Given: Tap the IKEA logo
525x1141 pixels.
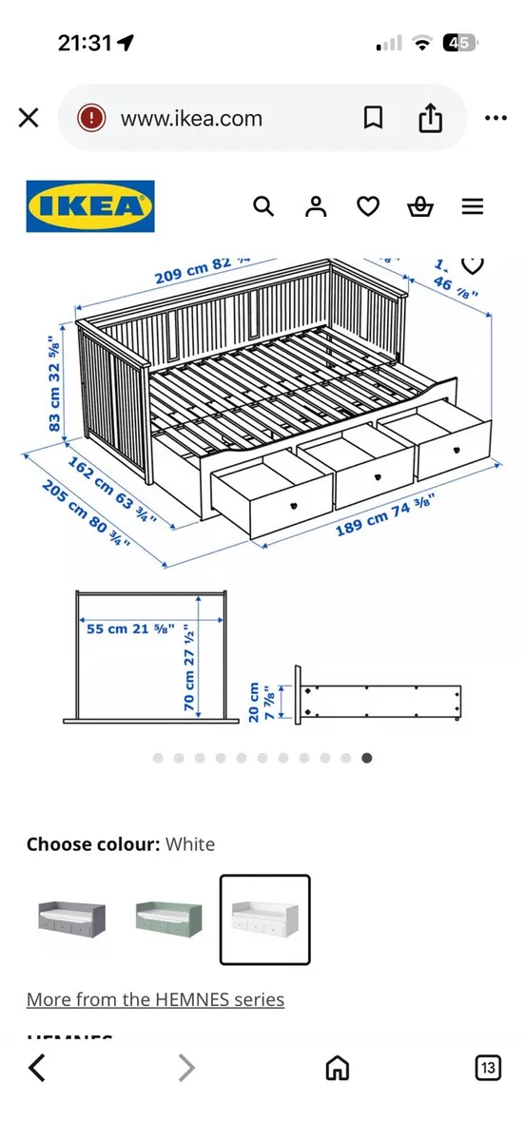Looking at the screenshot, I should pos(90,206).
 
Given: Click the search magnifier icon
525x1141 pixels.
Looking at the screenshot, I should pos(263,206).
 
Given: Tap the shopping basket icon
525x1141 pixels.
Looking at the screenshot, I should pos(419,206).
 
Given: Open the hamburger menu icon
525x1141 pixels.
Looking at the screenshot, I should pos(473,206).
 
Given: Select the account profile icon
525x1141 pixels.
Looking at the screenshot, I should pos(316,206).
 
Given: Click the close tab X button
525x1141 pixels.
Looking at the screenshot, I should pos(29,118).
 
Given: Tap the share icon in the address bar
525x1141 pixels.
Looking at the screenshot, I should pos(431,118).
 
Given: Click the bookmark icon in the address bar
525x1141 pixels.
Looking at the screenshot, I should pos(374,118).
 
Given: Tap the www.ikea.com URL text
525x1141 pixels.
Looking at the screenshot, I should pos(190,119).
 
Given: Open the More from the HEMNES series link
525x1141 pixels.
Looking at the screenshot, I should pos(155,999).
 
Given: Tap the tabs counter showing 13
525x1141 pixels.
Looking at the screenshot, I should pos(488,1069).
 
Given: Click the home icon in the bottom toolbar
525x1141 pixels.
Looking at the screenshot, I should pos(338,1069).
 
